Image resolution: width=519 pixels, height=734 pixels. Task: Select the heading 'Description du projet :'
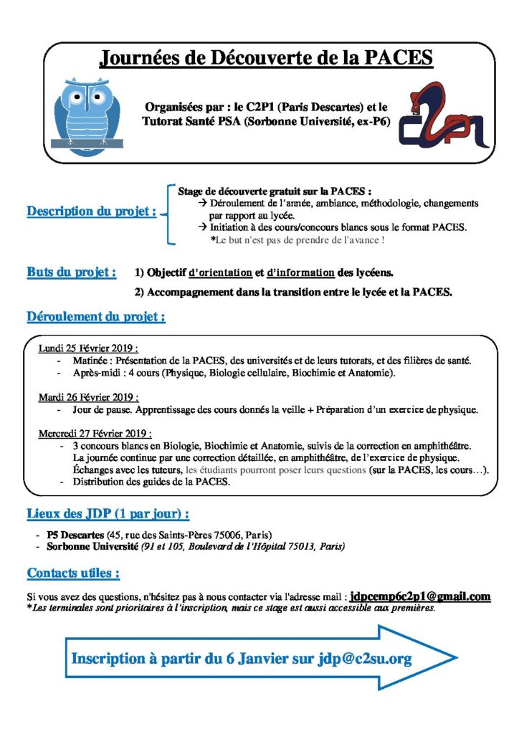(x=91, y=211)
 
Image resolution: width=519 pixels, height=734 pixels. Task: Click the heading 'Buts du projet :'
(x=72, y=272)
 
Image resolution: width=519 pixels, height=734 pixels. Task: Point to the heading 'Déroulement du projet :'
(x=96, y=316)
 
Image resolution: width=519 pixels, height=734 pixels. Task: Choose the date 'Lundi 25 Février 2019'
(x=87, y=348)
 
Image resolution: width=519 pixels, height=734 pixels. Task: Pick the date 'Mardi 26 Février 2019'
(x=88, y=396)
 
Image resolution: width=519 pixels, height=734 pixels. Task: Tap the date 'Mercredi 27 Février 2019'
(x=95, y=434)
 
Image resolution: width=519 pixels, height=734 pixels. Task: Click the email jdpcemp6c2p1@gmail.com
(x=420, y=596)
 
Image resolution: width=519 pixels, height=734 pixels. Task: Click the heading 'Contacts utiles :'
(x=73, y=573)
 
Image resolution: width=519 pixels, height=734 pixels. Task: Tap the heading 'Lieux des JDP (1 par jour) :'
(x=108, y=514)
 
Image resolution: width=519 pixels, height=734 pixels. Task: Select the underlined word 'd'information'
(x=300, y=273)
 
